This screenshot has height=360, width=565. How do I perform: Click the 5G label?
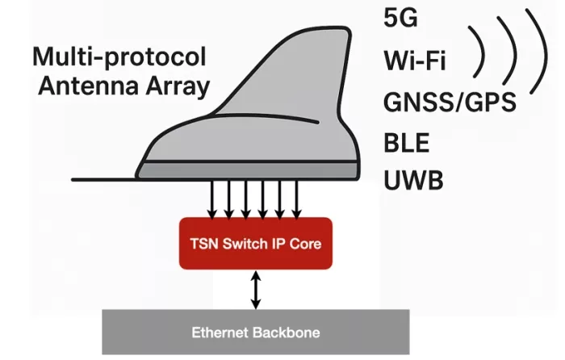tap(400, 18)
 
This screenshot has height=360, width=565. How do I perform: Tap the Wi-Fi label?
tap(415, 61)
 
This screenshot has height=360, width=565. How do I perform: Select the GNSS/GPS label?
tap(450, 102)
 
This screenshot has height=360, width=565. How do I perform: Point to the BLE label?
tap(407, 143)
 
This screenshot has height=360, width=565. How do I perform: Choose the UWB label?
tap(413, 180)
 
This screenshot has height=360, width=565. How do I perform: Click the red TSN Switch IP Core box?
tap(256, 243)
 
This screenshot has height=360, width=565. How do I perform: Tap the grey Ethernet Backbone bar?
tap(256, 332)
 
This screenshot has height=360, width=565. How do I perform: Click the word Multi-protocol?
tap(119, 57)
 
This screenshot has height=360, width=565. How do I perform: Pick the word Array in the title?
tap(178, 87)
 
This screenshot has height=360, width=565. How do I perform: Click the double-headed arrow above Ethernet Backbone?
tap(256, 290)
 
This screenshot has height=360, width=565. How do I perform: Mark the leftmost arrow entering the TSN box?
tap(212, 199)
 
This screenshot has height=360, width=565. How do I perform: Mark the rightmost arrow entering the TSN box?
tap(296, 199)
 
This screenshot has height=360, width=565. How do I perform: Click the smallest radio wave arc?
tap(483, 52)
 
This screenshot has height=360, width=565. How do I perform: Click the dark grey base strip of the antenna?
tap(248, 170)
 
